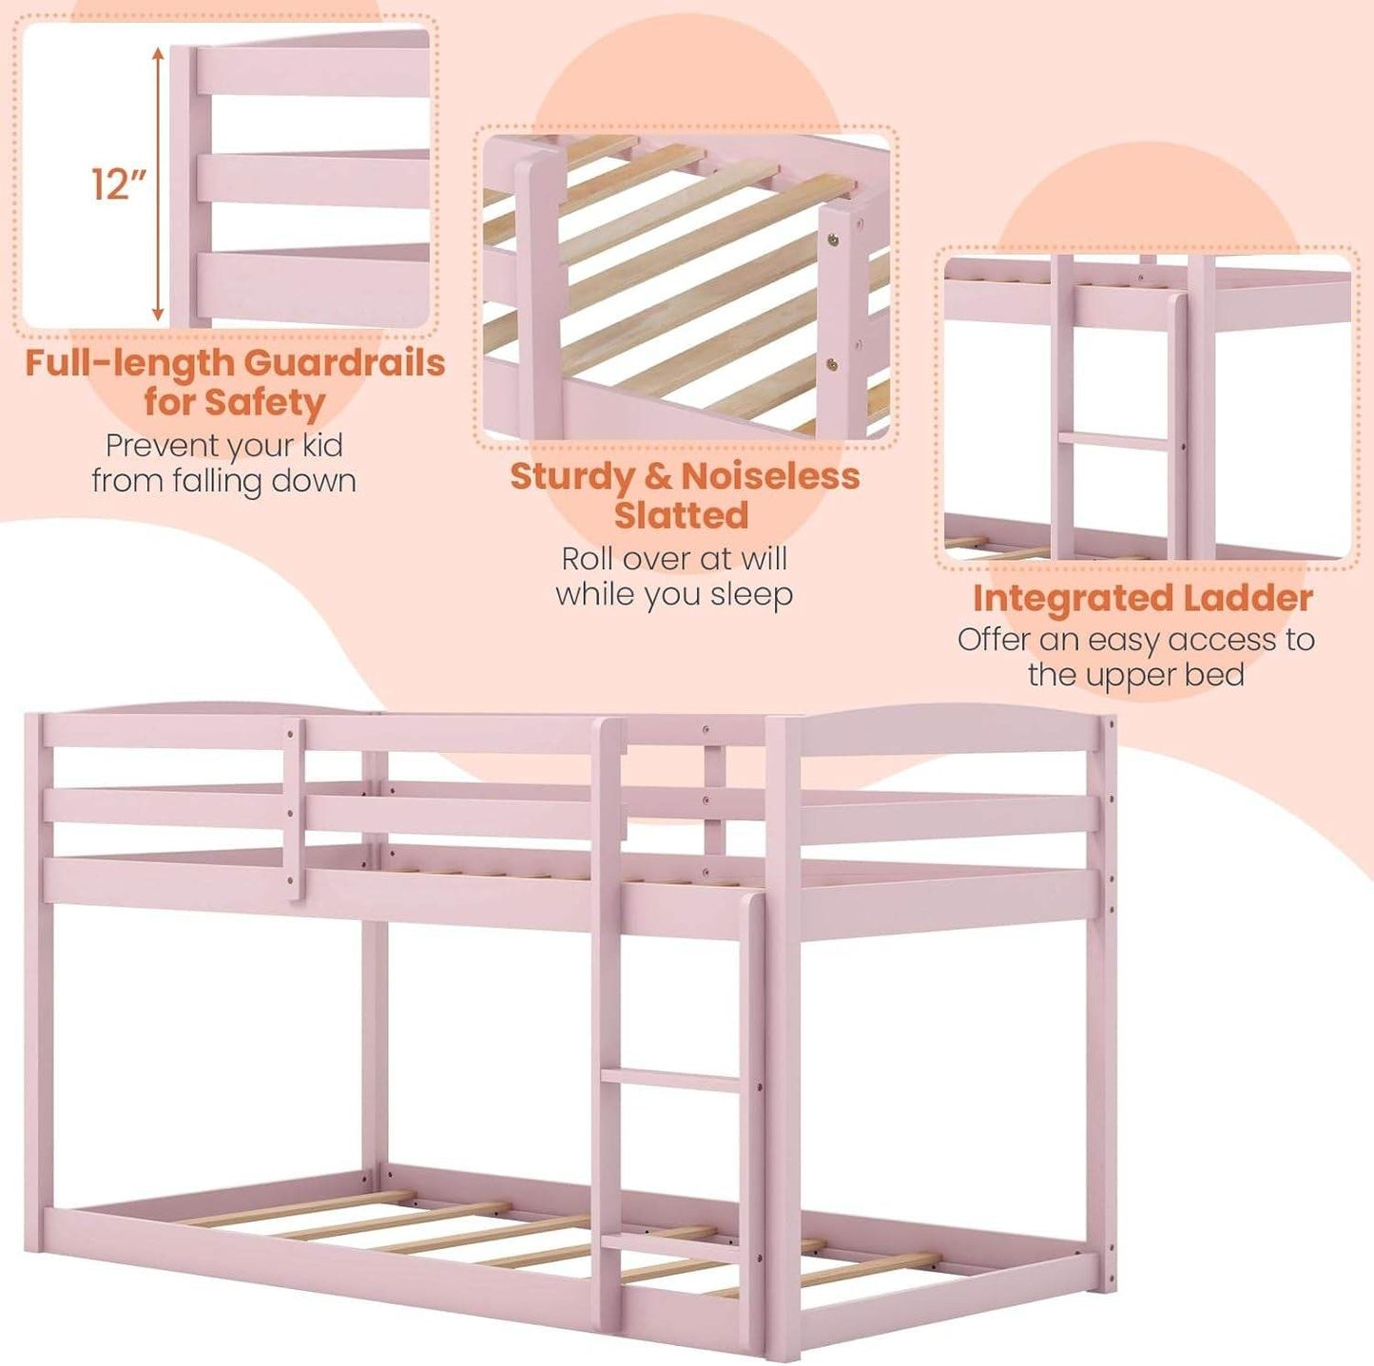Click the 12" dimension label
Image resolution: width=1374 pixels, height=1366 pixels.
[119, 183]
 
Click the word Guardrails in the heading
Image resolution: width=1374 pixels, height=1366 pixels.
[344, 362]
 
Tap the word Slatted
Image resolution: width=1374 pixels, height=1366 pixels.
[681, 515]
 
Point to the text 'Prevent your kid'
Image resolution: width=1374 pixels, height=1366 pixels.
[223, 445]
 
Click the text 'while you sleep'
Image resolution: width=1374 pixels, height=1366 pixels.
[674, 594]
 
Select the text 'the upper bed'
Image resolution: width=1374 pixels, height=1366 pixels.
[1135, 675]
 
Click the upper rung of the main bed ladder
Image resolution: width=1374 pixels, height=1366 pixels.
[670, 1080]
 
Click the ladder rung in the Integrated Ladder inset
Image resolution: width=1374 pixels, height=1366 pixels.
[1113, 440]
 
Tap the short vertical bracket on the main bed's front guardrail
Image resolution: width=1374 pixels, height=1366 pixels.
[294, 808]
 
